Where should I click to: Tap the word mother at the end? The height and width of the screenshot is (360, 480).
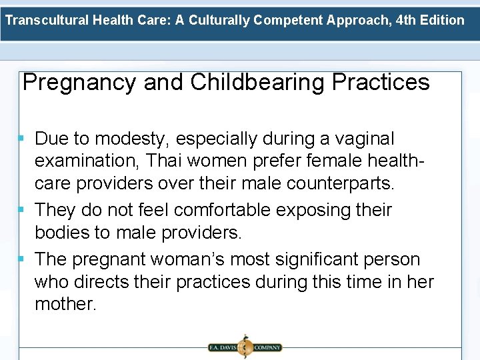pyautogui.click(x=65, y=305)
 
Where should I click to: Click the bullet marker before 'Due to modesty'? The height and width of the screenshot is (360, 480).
pyautogui.click(x=22, y=139)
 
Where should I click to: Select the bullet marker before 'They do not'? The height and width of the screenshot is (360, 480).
pyautogui.click(x=22, y=210)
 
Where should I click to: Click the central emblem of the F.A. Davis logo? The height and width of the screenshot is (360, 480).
pyautogui.click(x=244, y=347)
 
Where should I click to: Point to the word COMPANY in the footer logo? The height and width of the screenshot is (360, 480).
pyautogui.click(x=267, y=347)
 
